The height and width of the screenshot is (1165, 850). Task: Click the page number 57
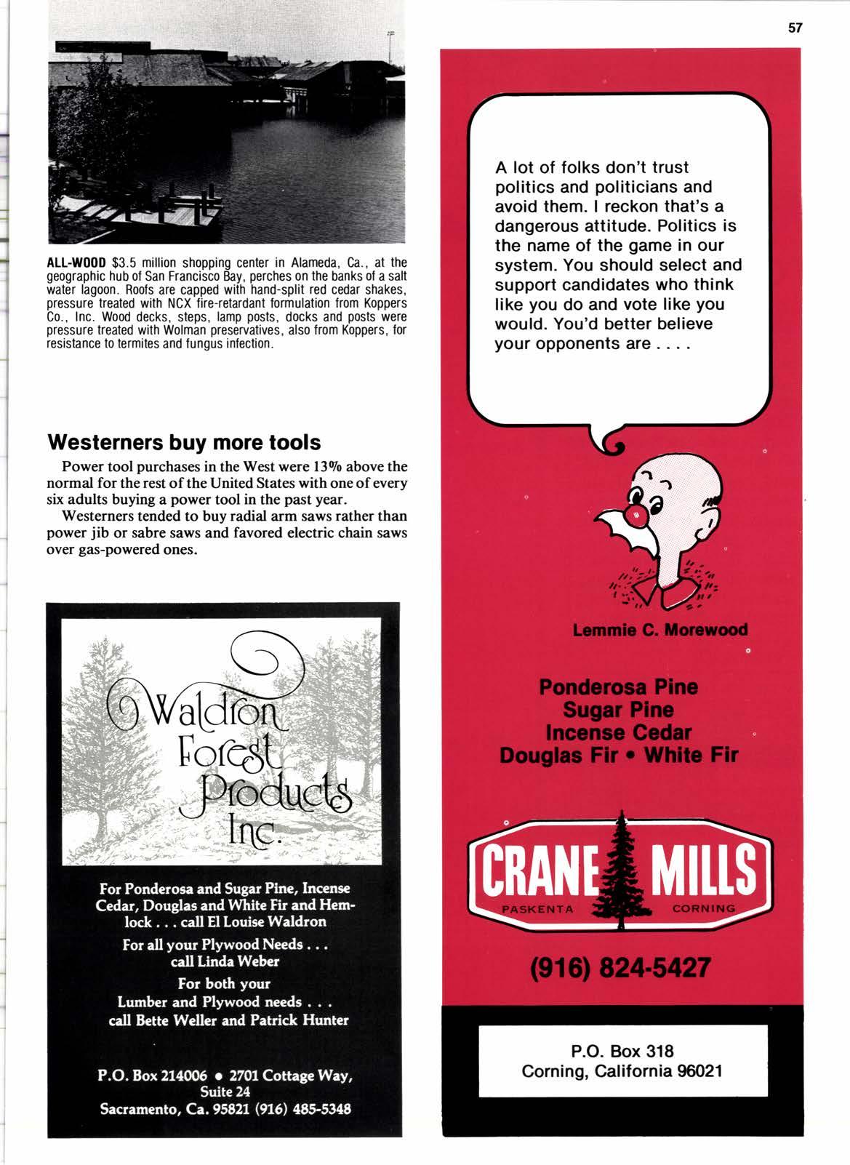pyautogui.click(x=795, y=28)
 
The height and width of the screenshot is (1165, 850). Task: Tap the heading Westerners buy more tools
pyautogui.click(x=184, y=442)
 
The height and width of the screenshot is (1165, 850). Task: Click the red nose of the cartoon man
pyautogui.click(x=636, y=516)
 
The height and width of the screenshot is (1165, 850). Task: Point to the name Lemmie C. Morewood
pyautogui.click(x=659, y=630)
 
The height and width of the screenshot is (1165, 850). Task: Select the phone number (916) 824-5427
pyautogui.click(x=620, y=968)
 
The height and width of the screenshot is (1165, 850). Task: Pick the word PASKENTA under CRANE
pyautogui.click(x=538, y=909)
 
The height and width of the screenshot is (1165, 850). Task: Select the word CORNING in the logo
pyautogui.click(x=704, y=908)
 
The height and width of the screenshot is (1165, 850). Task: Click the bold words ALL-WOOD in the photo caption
pyautogui.click(x=76, y=263)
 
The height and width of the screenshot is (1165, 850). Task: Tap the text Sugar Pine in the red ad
pyautogui.click(x=618, y=710)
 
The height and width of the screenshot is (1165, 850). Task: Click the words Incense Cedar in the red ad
pyautogui.click(x=618, y=732)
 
